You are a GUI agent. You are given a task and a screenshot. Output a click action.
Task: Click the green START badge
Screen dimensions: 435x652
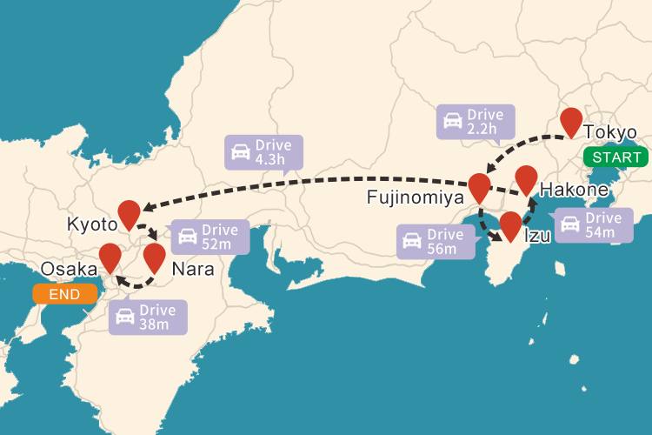click(x=615, y=157)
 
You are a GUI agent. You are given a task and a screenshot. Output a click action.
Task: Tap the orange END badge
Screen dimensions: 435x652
click(x=64, y=294)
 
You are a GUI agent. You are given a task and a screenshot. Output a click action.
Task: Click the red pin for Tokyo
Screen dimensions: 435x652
click(x=571, y=121)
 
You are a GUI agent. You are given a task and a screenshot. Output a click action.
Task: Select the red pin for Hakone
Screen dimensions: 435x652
click(x=526, y=178)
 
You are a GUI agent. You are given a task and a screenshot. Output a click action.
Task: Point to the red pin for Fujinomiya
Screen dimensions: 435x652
click(x=479, y=187)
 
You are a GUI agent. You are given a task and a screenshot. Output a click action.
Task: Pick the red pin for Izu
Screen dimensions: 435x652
click(x=510, y=224)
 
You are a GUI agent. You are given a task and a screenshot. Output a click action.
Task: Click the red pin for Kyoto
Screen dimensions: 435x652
click(x=129, y=213)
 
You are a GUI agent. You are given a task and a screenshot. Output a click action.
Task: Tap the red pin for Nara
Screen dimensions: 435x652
click(x=154, y=257)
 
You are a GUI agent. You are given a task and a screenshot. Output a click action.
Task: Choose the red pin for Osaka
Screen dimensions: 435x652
click(x=110, y=257)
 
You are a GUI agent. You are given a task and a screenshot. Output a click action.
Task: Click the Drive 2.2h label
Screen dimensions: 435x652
click(x=475, y=122)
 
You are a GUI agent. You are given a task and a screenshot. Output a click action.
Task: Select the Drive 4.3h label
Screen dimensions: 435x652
click(x=263, y=152)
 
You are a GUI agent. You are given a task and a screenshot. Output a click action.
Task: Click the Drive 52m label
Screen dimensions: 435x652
click(x=211, y=237)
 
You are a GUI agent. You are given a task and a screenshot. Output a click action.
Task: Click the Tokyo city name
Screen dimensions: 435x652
click(x=610, y=133)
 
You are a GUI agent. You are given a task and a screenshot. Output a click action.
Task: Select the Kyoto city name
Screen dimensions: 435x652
click(x=91, y=224)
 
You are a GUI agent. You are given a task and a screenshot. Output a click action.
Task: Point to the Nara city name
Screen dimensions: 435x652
click(x=192, y=270)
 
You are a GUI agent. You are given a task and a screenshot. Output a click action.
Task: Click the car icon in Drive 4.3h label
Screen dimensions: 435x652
click(x=240, y=153)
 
